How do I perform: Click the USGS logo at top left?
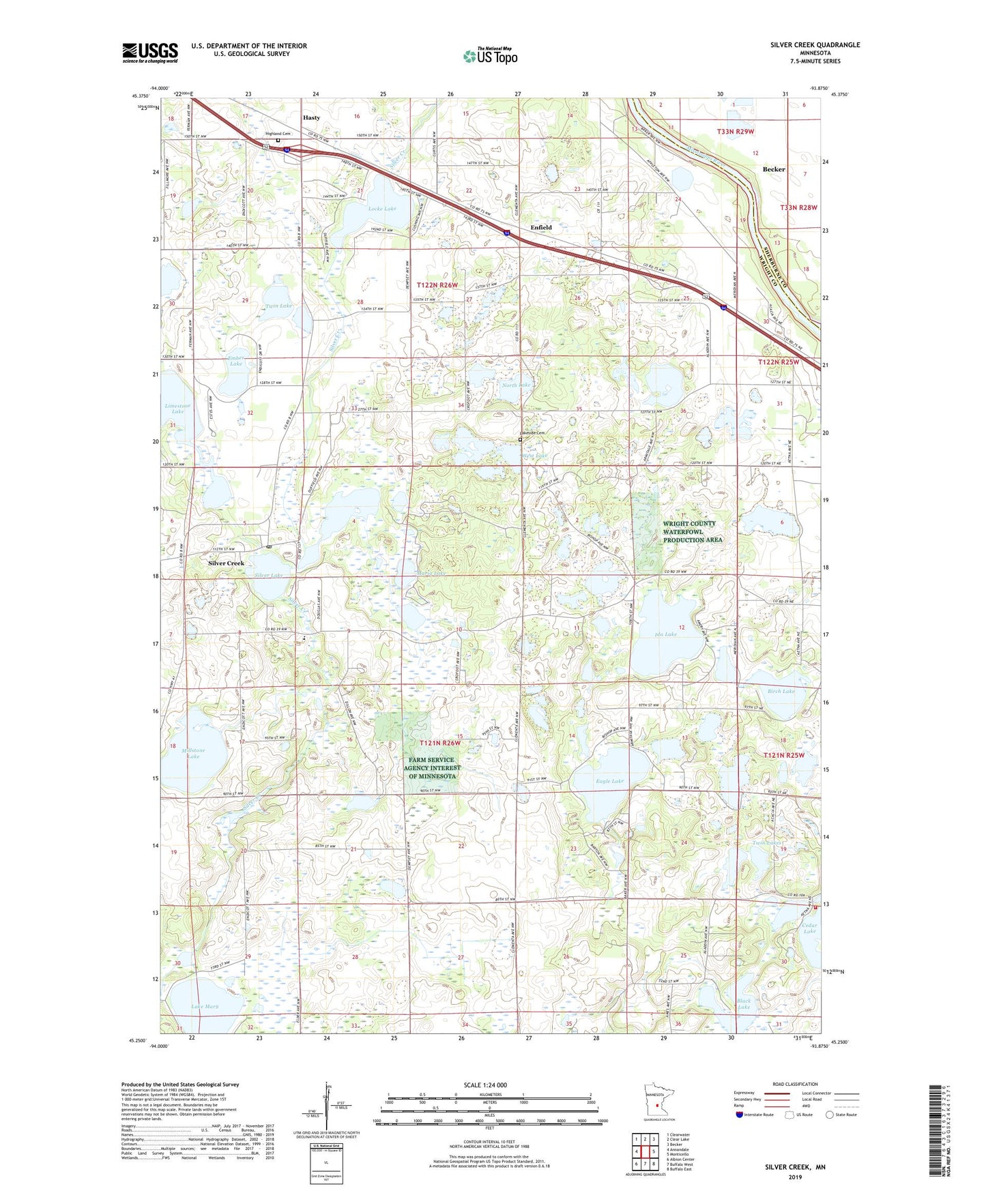point(150,53)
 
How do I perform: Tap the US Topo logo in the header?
point(489,55)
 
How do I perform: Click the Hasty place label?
point(311,117)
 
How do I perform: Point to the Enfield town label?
point(541,227)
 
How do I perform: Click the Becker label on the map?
point(774,169)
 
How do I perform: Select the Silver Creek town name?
point(226,563)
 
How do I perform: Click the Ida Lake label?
point(665,634)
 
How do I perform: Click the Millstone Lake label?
point(193,753)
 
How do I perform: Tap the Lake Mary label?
point(205,1006)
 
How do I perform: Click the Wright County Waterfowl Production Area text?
point(693,531)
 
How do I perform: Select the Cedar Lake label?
point(809,928)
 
